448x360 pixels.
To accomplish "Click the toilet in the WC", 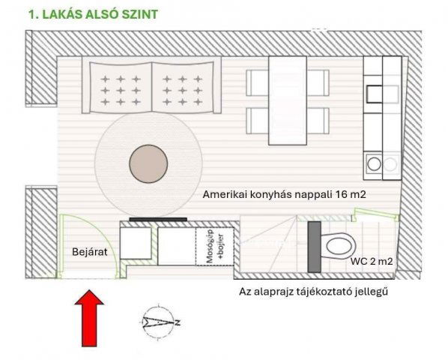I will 337,245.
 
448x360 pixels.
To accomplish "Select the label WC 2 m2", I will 372,262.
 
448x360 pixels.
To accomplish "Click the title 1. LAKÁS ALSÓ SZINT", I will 93,14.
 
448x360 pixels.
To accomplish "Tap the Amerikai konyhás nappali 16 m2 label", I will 288,193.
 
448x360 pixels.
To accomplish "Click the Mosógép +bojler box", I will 211,245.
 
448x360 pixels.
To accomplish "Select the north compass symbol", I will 160,322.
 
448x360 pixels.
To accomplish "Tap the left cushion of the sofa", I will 121,89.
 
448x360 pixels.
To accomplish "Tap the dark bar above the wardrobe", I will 157,219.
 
